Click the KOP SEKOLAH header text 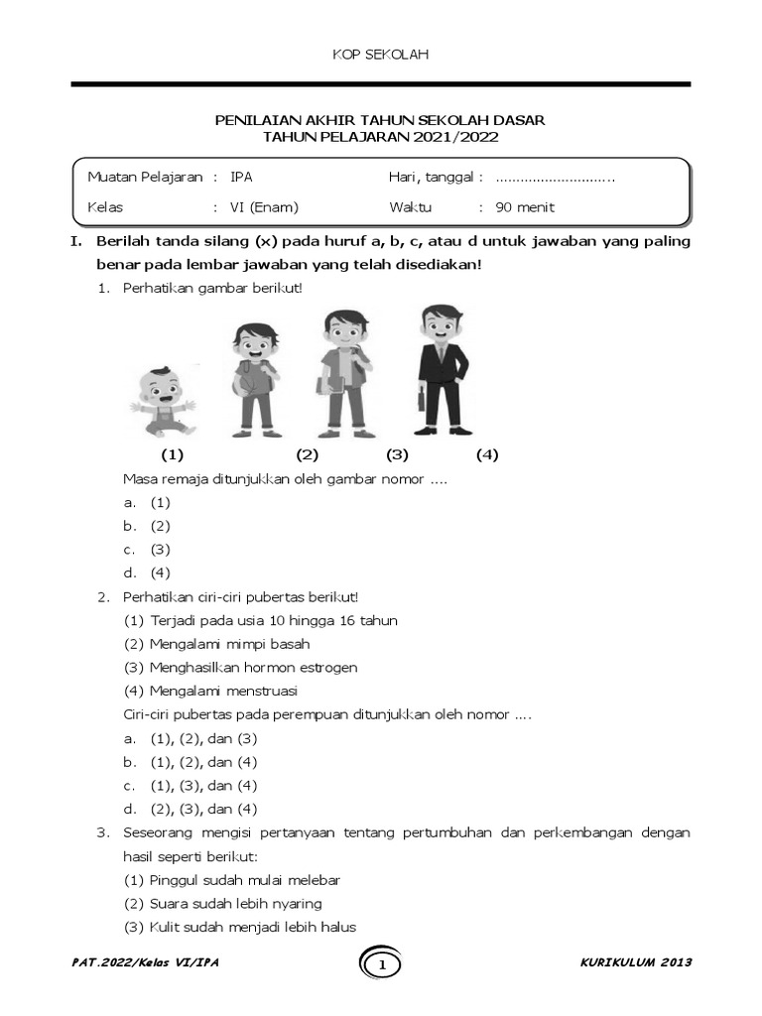[x=380, y=55]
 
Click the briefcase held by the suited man [x=421, y=404]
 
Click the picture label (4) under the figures [x=486, y=455]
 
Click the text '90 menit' [x=525, y=207]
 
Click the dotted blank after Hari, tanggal [x=555, y=178]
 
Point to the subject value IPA [x=241, y=178]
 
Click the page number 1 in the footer [x=382, y=964]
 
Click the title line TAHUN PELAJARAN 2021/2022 [x=380, y=137]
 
